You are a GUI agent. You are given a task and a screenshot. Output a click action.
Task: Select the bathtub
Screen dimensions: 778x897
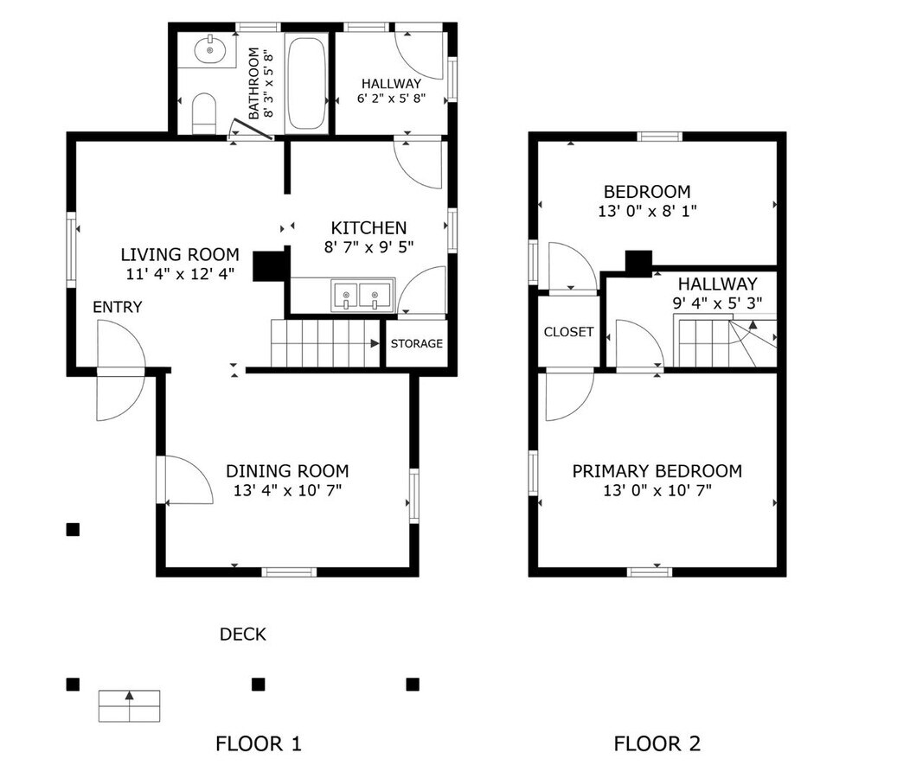pos(306,82)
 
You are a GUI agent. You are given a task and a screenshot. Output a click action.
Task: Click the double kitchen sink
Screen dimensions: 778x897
pos(361,296)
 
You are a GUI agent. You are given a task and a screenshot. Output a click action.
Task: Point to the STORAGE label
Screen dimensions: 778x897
pos(416,344)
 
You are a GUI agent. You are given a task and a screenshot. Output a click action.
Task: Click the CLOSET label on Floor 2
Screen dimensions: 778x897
pos(568,332)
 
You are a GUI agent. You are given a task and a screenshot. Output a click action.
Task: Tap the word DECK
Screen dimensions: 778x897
pos(242,635)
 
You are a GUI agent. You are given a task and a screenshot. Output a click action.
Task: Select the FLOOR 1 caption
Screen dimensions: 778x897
pos(258,743)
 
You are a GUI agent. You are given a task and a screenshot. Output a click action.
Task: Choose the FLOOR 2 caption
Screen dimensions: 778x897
pos(657,743)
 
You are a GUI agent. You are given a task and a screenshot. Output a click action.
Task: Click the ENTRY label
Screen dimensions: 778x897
pos(118,308)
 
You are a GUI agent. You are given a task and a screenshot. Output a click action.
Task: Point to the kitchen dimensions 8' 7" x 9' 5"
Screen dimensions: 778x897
pos(368,247)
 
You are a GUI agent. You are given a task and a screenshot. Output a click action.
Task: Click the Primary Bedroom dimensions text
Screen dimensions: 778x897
pos(657,491)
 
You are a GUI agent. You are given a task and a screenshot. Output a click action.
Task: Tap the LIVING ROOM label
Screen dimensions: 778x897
pos(179,255)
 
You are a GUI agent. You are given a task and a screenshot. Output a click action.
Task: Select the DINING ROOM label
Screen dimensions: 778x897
pos(287,471)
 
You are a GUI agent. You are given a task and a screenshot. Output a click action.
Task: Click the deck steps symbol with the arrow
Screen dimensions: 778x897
pos(130,705)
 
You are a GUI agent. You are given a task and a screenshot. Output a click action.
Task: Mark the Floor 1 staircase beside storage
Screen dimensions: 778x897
pos(325,343)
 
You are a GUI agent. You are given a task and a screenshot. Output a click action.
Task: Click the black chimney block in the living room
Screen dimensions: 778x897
pos(269,265)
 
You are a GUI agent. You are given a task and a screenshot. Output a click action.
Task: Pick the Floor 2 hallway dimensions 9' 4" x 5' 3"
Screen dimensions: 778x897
pos(717,303)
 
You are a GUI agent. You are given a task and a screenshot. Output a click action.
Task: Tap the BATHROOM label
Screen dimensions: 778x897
pos(254,83)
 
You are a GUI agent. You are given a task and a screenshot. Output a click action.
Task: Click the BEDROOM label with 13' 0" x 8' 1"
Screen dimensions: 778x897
pos(646,192)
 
